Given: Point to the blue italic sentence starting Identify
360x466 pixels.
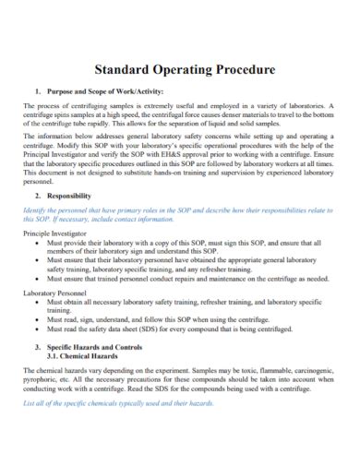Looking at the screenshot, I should click(x=180, y=211).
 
